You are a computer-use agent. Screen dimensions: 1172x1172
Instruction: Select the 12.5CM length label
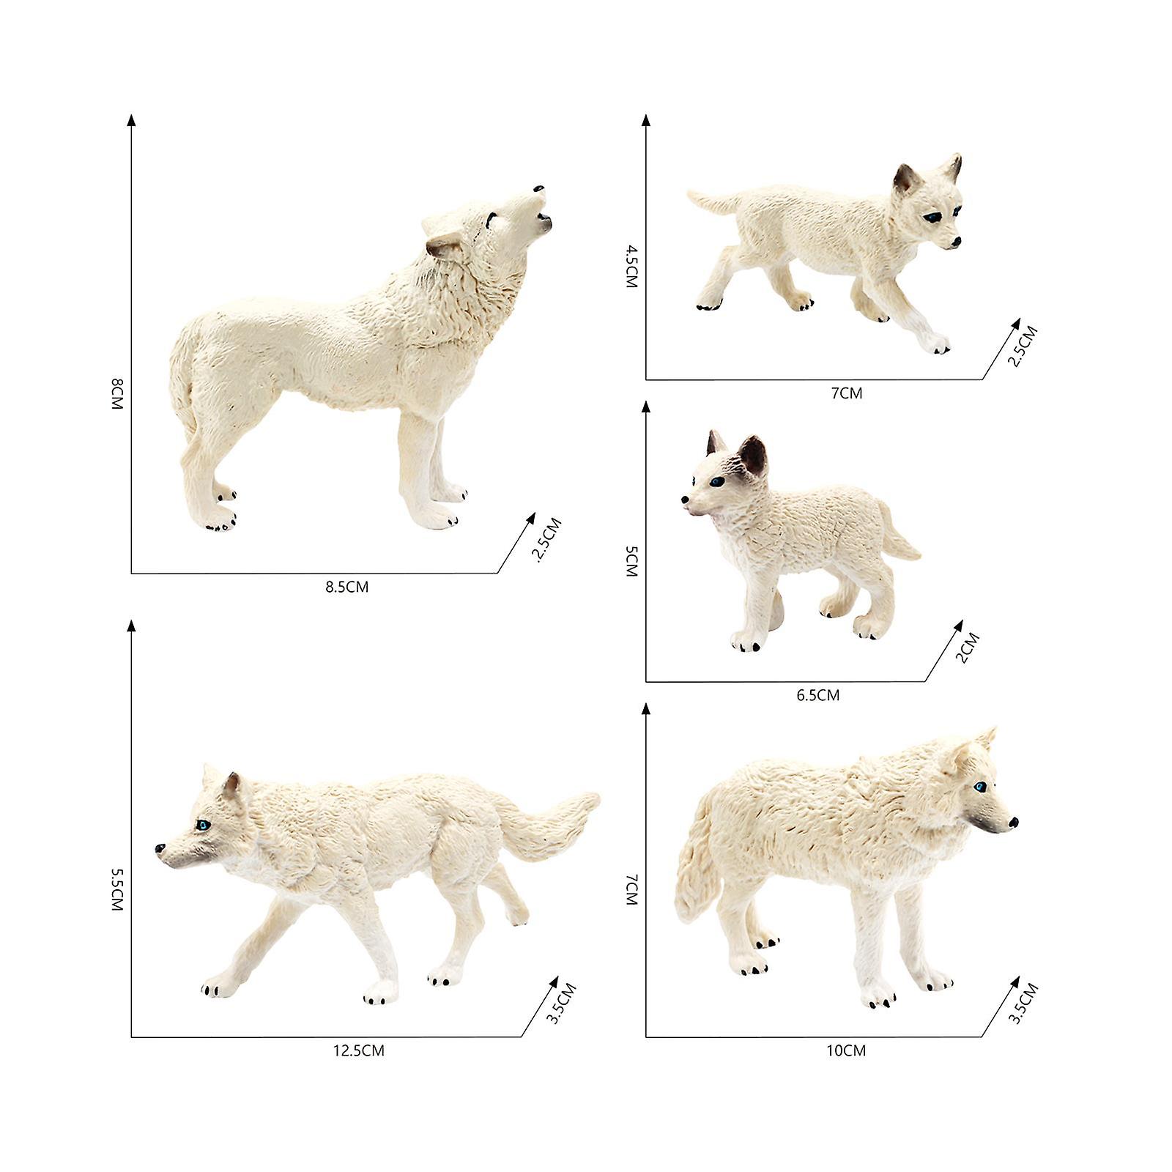click(x=358, y=1051)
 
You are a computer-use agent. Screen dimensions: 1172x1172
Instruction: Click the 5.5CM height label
click(x=117, y=889)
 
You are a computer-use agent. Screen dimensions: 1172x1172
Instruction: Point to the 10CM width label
click(x=846, y=1051)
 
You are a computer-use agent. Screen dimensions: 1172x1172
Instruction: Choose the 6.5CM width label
click(x=817, y=695)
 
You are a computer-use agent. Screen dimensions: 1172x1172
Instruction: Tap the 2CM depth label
click(x=968, y=648)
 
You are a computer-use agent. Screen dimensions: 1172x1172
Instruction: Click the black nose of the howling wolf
click(x=539, y=189)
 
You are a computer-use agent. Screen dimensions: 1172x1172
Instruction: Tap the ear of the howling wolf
click(x=444, y=247)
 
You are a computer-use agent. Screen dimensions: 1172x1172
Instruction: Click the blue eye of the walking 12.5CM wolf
click(x=203, y=825)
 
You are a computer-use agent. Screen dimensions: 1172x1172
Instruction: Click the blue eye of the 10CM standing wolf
click(x=979, y=787)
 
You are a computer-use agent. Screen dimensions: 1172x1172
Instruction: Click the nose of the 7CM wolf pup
click(x=955, y=242)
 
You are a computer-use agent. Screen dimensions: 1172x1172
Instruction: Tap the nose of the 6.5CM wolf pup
click(x=684, y=501)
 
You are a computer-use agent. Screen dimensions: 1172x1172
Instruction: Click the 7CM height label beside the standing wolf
click(x=631, y=889)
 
